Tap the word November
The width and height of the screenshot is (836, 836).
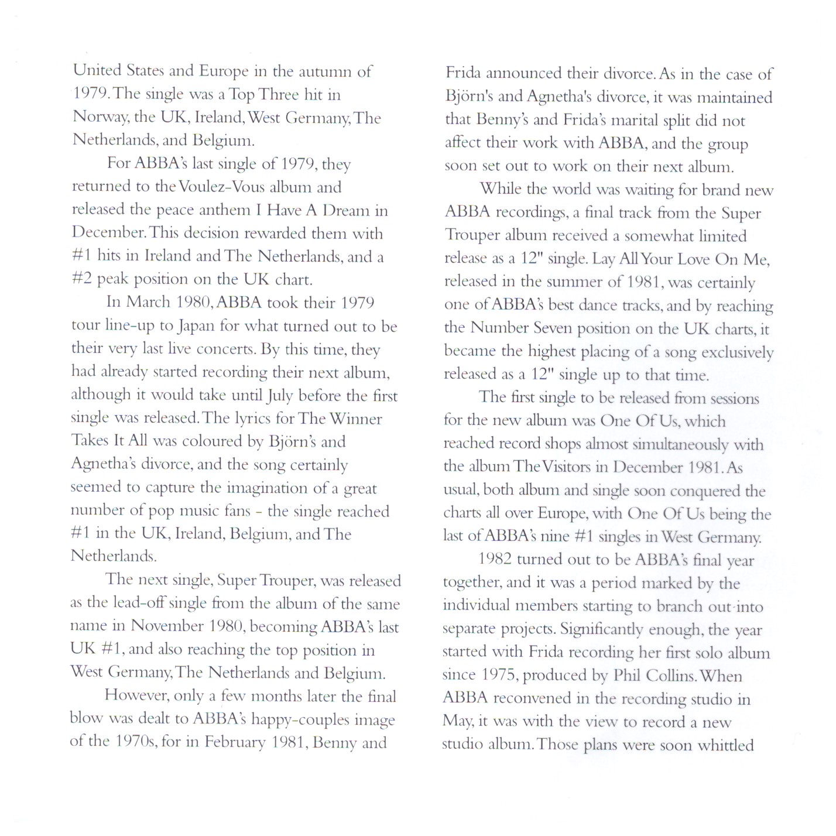tap(167, 626)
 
